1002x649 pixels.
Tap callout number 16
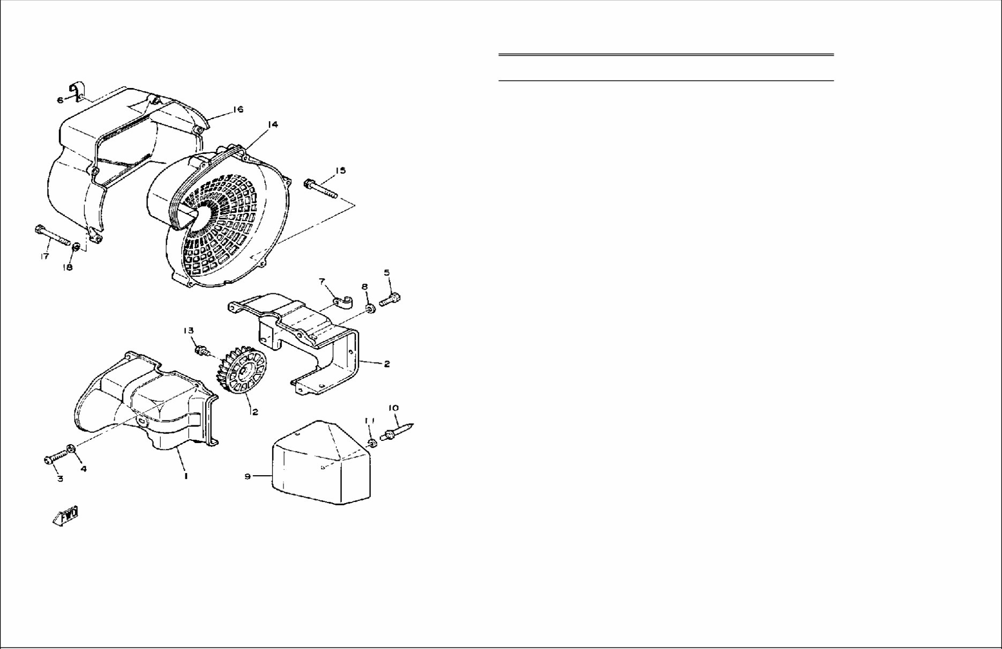click(238, 109)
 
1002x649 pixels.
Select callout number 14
click(273, 124)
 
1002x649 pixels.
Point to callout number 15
click(340, 171)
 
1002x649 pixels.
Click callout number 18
click(68, 267)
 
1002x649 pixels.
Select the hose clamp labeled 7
click(341, 303)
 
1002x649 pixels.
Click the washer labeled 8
click(370, 309)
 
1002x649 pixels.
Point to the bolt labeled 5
click(391, 299)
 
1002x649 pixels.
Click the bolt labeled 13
click(203, 351)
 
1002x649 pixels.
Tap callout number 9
click(248, 476)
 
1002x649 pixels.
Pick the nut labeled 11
click(372, 442)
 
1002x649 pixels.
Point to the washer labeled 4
click(71, 449)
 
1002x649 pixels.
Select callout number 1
click(185, 476)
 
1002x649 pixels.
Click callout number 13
click(189, 330)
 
